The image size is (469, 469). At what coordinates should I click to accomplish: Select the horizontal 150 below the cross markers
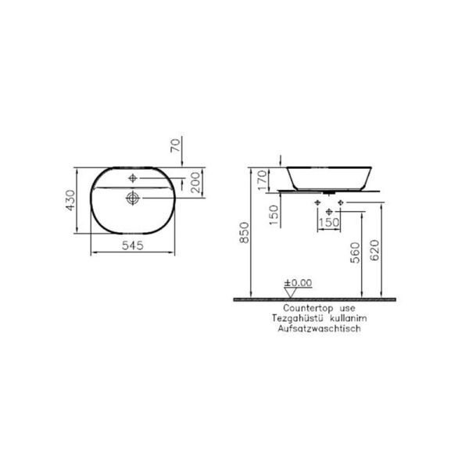point(328,222)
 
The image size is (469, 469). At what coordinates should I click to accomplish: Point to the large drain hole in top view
point(132,199)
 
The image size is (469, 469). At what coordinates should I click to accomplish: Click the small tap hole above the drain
point(132,177)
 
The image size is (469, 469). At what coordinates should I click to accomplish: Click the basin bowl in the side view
point(328,176)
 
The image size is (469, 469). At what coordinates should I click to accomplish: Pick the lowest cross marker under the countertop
point(328,210)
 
